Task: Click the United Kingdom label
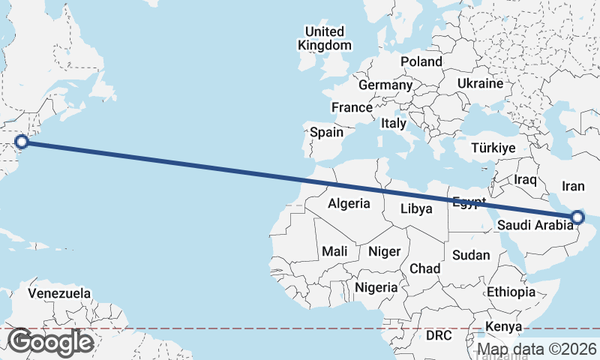click(x=324, y=38)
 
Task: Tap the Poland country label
click(x=421, y=61)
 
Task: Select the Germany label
click(x=385, y=85)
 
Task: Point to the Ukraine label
click(x=480, y=83)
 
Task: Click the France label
click(x=352, y=107)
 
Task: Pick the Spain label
click(x=327, y=133)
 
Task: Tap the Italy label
click(x=394, y=123)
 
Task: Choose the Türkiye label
click(x=493, y=148)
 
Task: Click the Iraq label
click(x=526, y=180)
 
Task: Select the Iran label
click(x=573, y=186)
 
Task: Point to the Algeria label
click(x=349, y=203)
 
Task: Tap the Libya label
click(x=415, y=208)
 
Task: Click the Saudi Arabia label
click(x=535, y=225)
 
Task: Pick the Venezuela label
click(x=59, y=293)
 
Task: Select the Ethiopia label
click(x=511, y=292)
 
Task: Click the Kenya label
click(x=503, y=326)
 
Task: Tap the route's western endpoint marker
click(x=22, y=141)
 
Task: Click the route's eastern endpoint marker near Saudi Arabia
click(x=577, y=217)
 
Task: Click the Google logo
click(x=50, y=342)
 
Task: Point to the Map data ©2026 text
click(x=537, y=349)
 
